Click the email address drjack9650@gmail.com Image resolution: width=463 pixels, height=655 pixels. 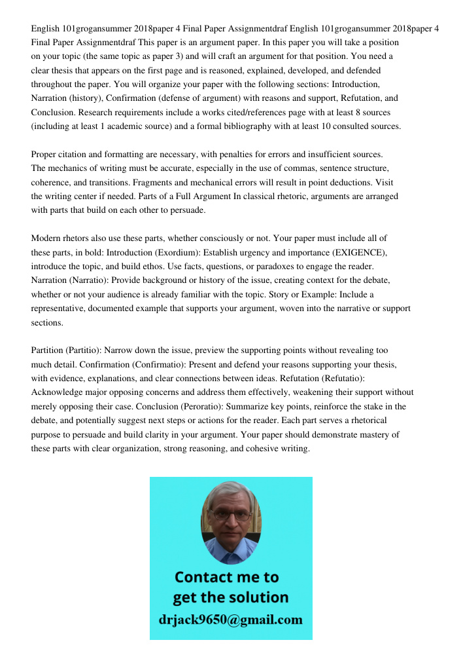[230, 619]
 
